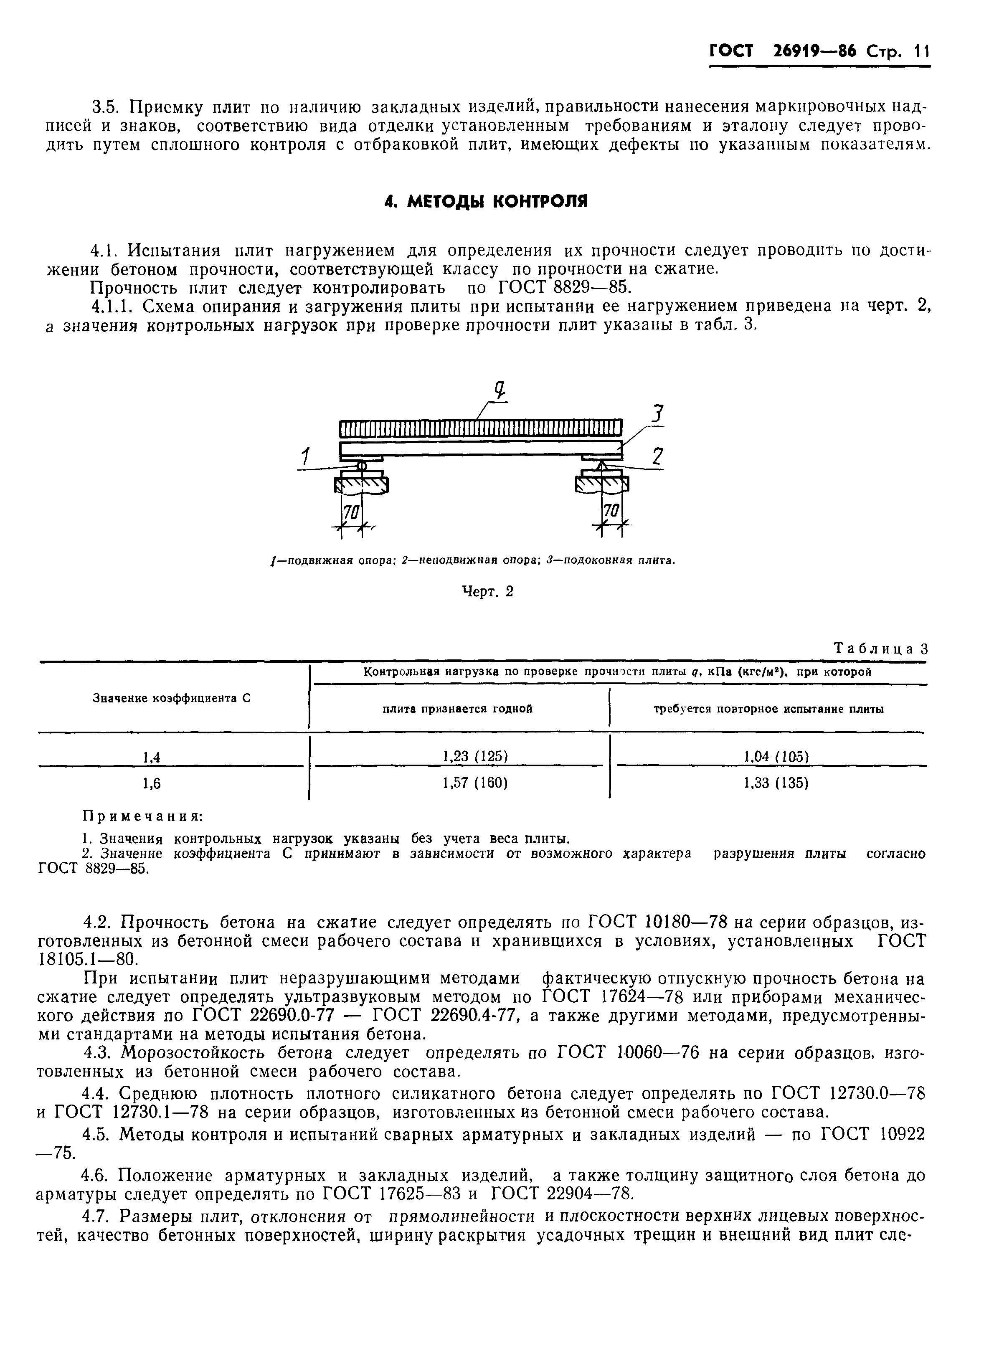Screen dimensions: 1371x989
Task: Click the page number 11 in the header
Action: [x=920, y=52]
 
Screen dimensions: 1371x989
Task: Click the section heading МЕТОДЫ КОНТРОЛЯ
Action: [x=486, y=201]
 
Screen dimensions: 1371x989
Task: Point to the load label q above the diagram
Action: [x=500, y=392]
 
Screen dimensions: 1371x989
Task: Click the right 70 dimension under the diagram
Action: [x=611, y=512]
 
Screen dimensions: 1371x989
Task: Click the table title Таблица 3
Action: [x=880, y=649]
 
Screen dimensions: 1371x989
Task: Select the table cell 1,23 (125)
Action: [x=474, y=756]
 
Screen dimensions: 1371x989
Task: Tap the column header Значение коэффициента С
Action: [x=171, y=698]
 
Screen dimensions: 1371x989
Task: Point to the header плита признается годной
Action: [x=458, y=709]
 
